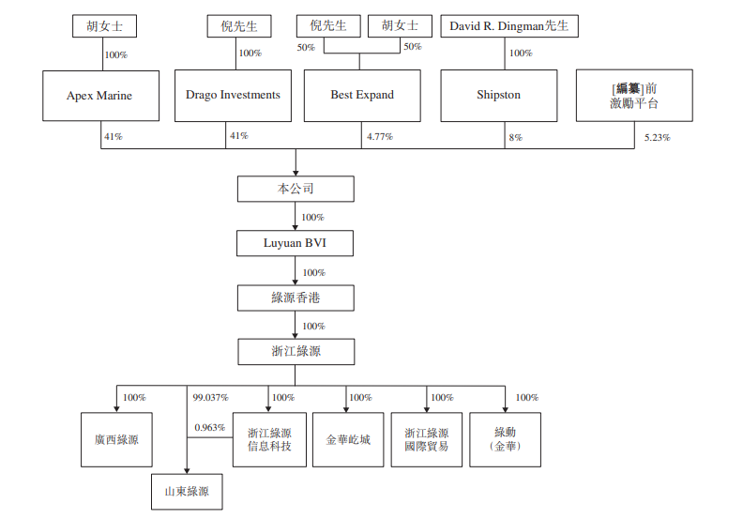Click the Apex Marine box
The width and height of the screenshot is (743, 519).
[101, 96]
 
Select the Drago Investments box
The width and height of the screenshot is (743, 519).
[234, 96]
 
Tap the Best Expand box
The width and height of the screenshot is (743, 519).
[362, 96]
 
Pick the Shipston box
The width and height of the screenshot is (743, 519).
[499, 96]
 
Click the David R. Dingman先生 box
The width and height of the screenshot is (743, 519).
[509, 26]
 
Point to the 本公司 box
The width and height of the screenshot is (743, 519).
[296, 190]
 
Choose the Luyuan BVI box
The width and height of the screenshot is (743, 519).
[295, 243]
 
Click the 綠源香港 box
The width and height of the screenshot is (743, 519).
[296, 298]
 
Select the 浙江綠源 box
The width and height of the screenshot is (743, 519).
[296, 352]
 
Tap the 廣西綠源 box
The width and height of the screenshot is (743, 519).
[116, 440]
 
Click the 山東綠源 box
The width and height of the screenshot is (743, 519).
[187, 492]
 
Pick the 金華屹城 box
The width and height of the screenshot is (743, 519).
[348, 440]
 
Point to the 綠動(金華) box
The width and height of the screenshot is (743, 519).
[505, 440]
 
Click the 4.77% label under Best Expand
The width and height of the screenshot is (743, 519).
[380, 136]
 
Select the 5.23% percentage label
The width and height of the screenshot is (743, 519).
[658, 137]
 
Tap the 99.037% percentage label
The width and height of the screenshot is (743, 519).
[210, 397]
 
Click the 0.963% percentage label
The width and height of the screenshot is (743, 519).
[209, 428]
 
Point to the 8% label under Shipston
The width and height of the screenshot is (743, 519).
[516, 137]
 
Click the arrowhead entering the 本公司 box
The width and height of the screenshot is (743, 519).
[296, 173]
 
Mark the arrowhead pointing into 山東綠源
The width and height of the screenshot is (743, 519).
[187, 470]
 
